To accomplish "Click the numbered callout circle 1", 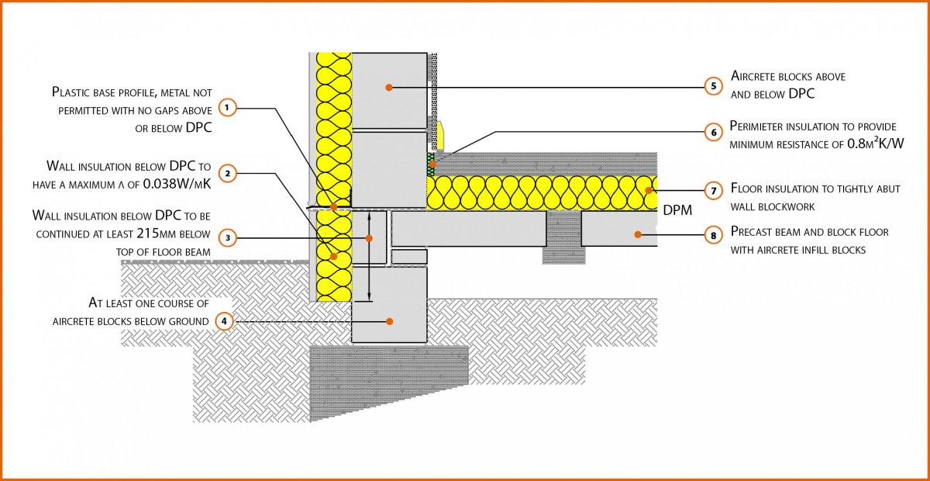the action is point(226,108).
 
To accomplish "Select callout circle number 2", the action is point(227,173).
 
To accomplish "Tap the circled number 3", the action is point(228,238).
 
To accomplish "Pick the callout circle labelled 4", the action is point(224,321).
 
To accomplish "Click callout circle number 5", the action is point(714,86).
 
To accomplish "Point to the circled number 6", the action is point(714,132).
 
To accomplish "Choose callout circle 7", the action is point(714,191).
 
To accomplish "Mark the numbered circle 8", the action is point(713,235).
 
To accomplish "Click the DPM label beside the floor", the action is point(677,210).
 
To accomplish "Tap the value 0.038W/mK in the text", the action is point(177,184).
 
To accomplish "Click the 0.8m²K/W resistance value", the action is point(875,144).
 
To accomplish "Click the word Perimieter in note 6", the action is point(756,126).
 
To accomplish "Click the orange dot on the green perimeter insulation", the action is point(432,164).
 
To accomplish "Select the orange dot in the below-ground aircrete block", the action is point(389,321).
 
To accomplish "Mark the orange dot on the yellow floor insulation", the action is point(649,191).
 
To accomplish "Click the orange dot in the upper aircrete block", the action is point(388,88).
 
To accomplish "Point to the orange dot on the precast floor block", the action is point(638,235).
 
